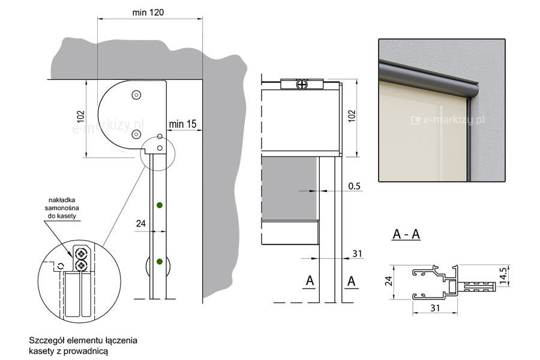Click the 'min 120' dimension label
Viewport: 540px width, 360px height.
tap(148, 13)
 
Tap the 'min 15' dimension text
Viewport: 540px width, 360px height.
tap(183, 124)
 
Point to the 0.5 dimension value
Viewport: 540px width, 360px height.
tap(354, 187)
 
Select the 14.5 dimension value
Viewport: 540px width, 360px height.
tap(503, 275)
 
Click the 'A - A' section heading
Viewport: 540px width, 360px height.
tap(406, 234)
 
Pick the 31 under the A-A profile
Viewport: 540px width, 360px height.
tap(435, 308)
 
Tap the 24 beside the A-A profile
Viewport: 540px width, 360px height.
tap(388, 281)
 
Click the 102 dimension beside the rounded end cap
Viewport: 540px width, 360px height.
tap(80, 116)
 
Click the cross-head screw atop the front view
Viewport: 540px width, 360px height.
tap(302, 84)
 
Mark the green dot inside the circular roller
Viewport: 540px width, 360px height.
tap(160, 262)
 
